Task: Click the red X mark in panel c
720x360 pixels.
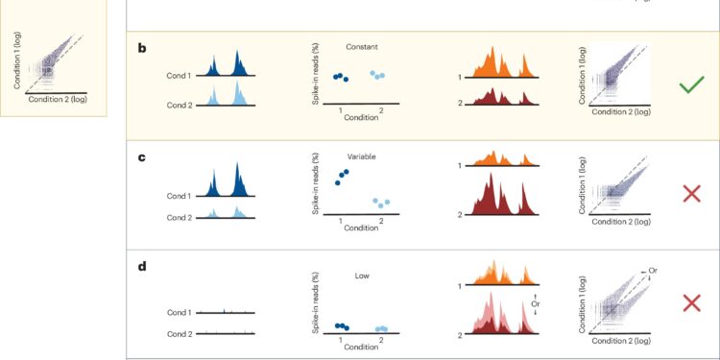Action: coord(691,193)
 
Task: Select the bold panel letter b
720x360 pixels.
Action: coord(143,47)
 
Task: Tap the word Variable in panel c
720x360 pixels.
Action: coord(362,156)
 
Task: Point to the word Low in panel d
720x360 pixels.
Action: coord(362,276)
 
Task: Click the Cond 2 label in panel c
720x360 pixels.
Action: coord(180,217)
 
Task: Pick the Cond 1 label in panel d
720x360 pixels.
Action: coord(180,313)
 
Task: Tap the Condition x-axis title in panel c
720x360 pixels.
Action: coord(361,228)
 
